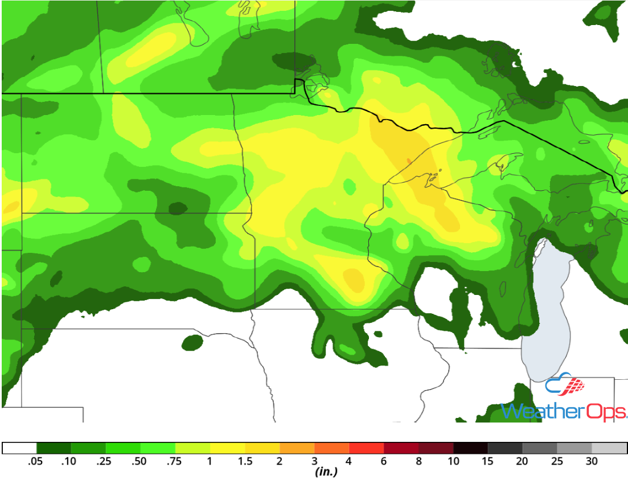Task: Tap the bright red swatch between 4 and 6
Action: (x=366, y=448)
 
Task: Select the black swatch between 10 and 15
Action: (x=470, y=448)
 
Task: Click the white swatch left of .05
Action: (x=19, y=448)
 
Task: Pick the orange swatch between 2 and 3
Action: (x=297, y=448)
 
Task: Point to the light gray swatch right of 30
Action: (x=609, y=448)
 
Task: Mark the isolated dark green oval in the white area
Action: (x=193, y=342)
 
